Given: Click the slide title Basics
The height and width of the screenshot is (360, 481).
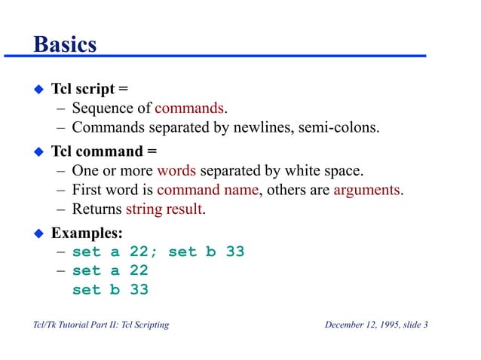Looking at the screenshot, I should (x=65, y=44).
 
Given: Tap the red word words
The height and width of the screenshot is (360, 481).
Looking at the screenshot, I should (x=179, y=169).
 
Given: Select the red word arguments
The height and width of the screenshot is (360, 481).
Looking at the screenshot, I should (x=367, y=189).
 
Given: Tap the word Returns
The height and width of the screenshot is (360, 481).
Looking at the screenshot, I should (x=97, y=209).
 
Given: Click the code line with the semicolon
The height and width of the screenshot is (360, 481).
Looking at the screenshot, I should (x=158, y=252).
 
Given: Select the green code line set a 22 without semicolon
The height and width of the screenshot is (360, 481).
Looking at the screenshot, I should (x=110, y=270).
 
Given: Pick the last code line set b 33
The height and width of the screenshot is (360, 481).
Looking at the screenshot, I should (x=110, y=289).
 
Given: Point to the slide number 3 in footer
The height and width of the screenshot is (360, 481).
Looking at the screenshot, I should (x=426, y=325).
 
